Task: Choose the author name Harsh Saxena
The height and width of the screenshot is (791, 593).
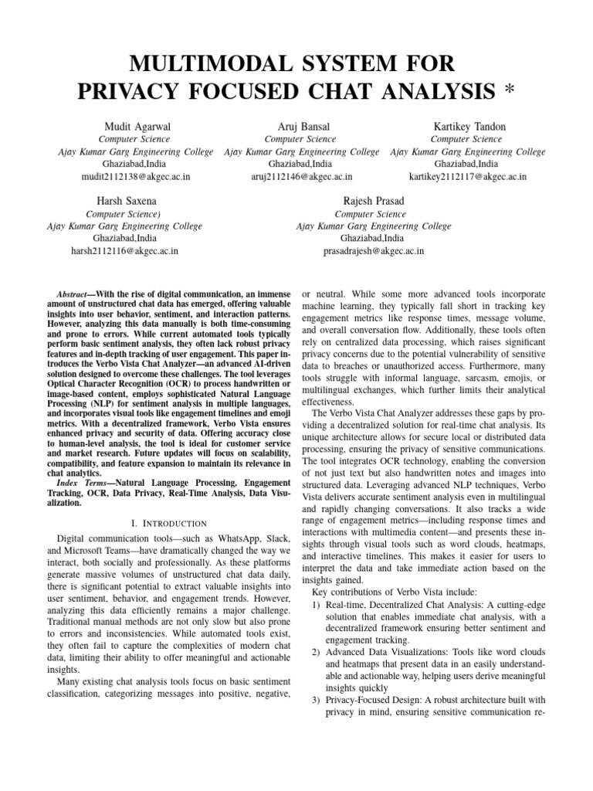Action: [124, 201]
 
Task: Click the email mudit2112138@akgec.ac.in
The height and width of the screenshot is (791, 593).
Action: [136, 177]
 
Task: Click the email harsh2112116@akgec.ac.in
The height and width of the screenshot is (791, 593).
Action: [124, 251]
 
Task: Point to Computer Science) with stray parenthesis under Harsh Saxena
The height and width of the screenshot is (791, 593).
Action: [124, 214]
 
